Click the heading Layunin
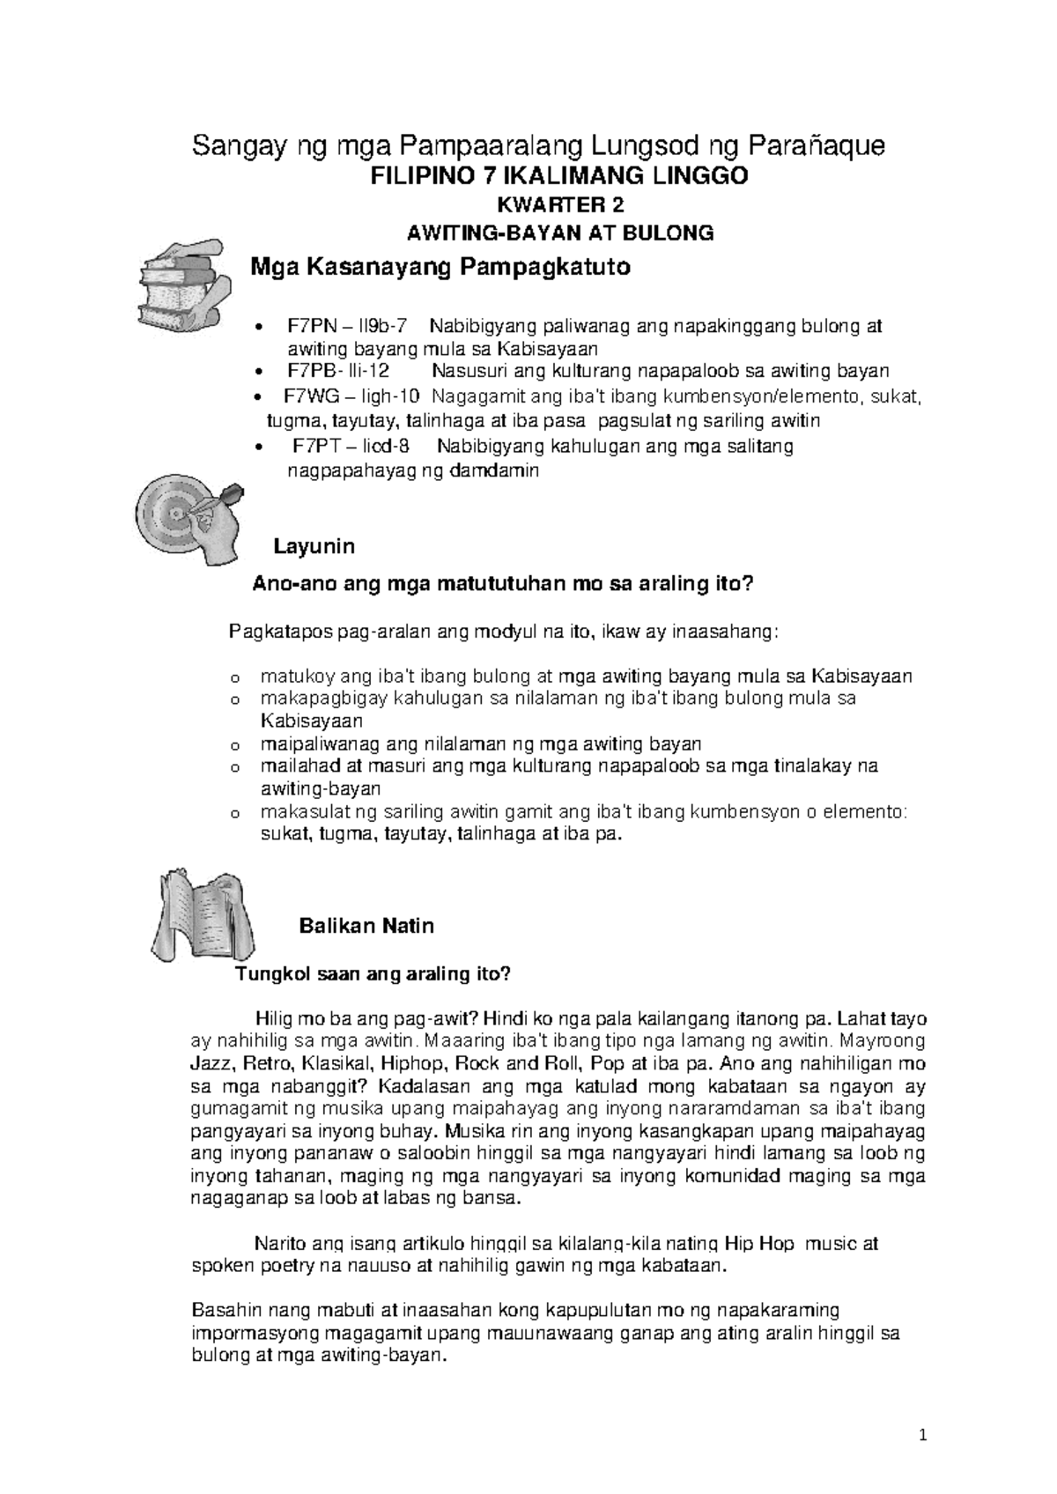pos(314,547)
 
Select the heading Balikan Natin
pos(366,926)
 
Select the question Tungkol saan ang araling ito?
pos(371,974)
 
